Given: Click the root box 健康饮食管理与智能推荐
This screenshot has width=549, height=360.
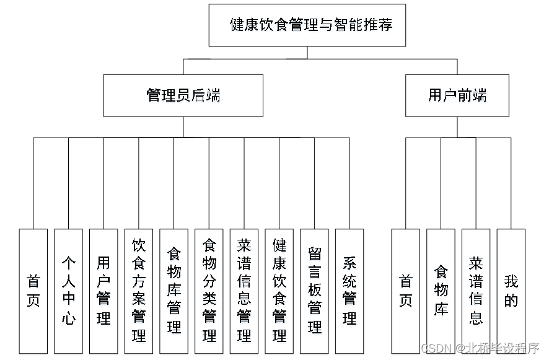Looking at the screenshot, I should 307,25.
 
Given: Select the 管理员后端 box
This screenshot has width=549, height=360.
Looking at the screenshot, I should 183,95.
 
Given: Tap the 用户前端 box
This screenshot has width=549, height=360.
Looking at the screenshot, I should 457,95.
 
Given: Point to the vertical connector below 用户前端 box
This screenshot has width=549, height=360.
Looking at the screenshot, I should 457,127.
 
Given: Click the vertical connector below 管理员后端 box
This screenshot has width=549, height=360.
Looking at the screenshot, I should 183,127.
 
